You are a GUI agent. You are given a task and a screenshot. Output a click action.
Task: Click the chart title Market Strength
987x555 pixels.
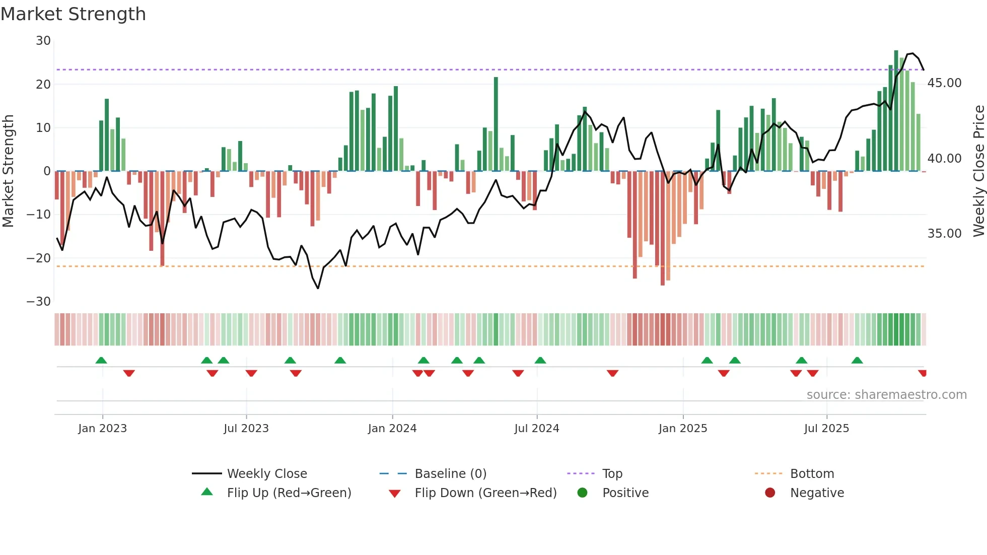[73, 14]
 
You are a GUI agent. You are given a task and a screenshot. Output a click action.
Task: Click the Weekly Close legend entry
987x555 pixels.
[266, 473]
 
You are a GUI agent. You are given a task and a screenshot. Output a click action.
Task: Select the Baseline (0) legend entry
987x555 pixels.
[450, 473]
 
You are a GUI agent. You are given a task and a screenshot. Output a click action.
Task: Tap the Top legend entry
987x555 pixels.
[612, 473]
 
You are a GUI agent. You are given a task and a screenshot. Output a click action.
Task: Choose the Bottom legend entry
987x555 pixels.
[812, 473]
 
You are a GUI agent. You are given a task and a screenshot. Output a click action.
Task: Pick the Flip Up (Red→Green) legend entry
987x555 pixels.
[289, 493]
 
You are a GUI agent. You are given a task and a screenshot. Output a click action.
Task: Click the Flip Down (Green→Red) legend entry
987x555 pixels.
[485, 493]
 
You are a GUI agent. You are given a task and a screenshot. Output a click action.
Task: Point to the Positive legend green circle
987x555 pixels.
[582, 493]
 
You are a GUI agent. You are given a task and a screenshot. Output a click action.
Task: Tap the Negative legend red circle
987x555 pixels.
[770, 493]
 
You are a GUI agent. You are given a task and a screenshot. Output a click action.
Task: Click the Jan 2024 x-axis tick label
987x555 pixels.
[392, 429]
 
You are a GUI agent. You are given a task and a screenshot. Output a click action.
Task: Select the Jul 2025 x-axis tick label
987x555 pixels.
[826, 429]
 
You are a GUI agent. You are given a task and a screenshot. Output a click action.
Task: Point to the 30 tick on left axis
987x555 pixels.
[43, 41]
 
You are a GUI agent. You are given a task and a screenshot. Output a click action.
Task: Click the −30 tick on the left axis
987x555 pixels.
[39, 302]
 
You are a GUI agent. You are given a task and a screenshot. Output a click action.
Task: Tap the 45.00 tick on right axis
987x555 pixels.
[944, 83]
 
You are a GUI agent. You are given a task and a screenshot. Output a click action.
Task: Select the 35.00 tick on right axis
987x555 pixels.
[944, 234]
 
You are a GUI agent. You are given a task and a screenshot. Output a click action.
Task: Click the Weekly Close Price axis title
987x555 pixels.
[978, 171]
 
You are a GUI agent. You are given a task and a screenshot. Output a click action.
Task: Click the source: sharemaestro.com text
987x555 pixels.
[886, 395]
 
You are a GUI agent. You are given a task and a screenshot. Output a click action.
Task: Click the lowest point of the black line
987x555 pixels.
[318, 288]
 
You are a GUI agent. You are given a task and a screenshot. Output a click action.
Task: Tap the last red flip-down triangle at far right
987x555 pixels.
[922, 373]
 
